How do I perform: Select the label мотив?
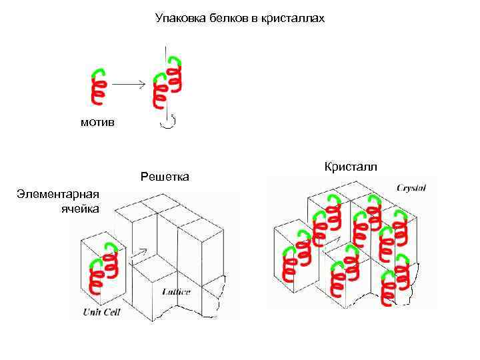(x=97, y=122)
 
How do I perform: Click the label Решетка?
(x=165, y=177)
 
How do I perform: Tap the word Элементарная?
(x=59, y=194)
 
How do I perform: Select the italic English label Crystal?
(x=411, y=188)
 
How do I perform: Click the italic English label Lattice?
(x=176, y=291)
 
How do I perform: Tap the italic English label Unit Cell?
(x=101, y=312)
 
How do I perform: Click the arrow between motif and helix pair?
(x=128, y=84)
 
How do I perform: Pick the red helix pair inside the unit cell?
(x=104, y=270)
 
